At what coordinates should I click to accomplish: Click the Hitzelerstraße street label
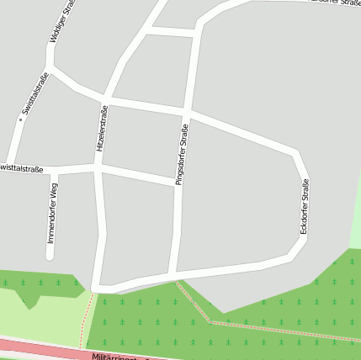[102, 128]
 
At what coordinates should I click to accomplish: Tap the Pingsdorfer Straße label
[179, 154]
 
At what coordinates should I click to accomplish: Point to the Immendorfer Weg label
[52, 213]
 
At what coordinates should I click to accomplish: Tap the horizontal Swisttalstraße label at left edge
[21, 169]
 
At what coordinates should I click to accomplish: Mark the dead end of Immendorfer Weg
[50, 256]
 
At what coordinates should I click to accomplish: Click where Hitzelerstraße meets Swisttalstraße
[98, 167]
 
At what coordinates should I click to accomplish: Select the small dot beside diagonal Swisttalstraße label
[21, 119]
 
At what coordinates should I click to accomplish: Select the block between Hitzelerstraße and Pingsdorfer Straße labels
[140, 139]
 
